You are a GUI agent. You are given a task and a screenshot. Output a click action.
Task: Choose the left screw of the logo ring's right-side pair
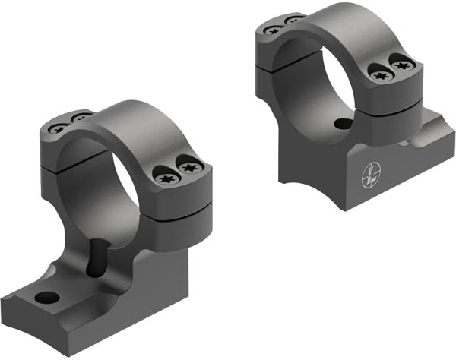(x=381, y=74)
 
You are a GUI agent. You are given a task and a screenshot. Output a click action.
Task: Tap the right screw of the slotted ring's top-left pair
(x=78, y=118)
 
